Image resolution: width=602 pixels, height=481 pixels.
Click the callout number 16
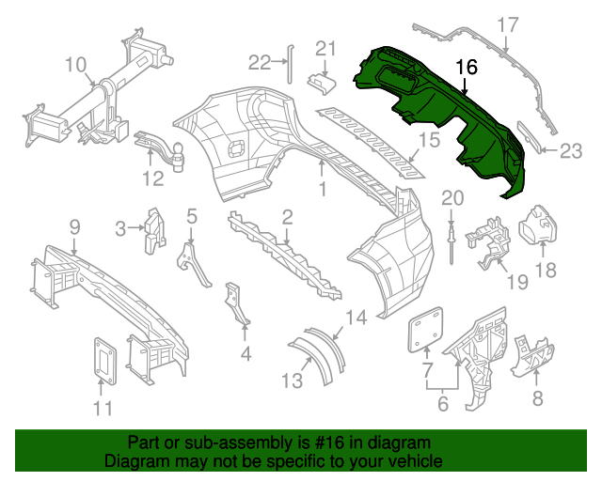tap(467, 68)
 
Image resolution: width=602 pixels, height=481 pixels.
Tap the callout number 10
tap(75, 65)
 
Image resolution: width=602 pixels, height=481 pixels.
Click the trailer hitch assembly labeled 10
tap(103, 99)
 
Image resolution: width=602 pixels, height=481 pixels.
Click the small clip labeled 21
tap(322, 83)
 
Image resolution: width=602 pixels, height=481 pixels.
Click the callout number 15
tap(429, 141)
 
